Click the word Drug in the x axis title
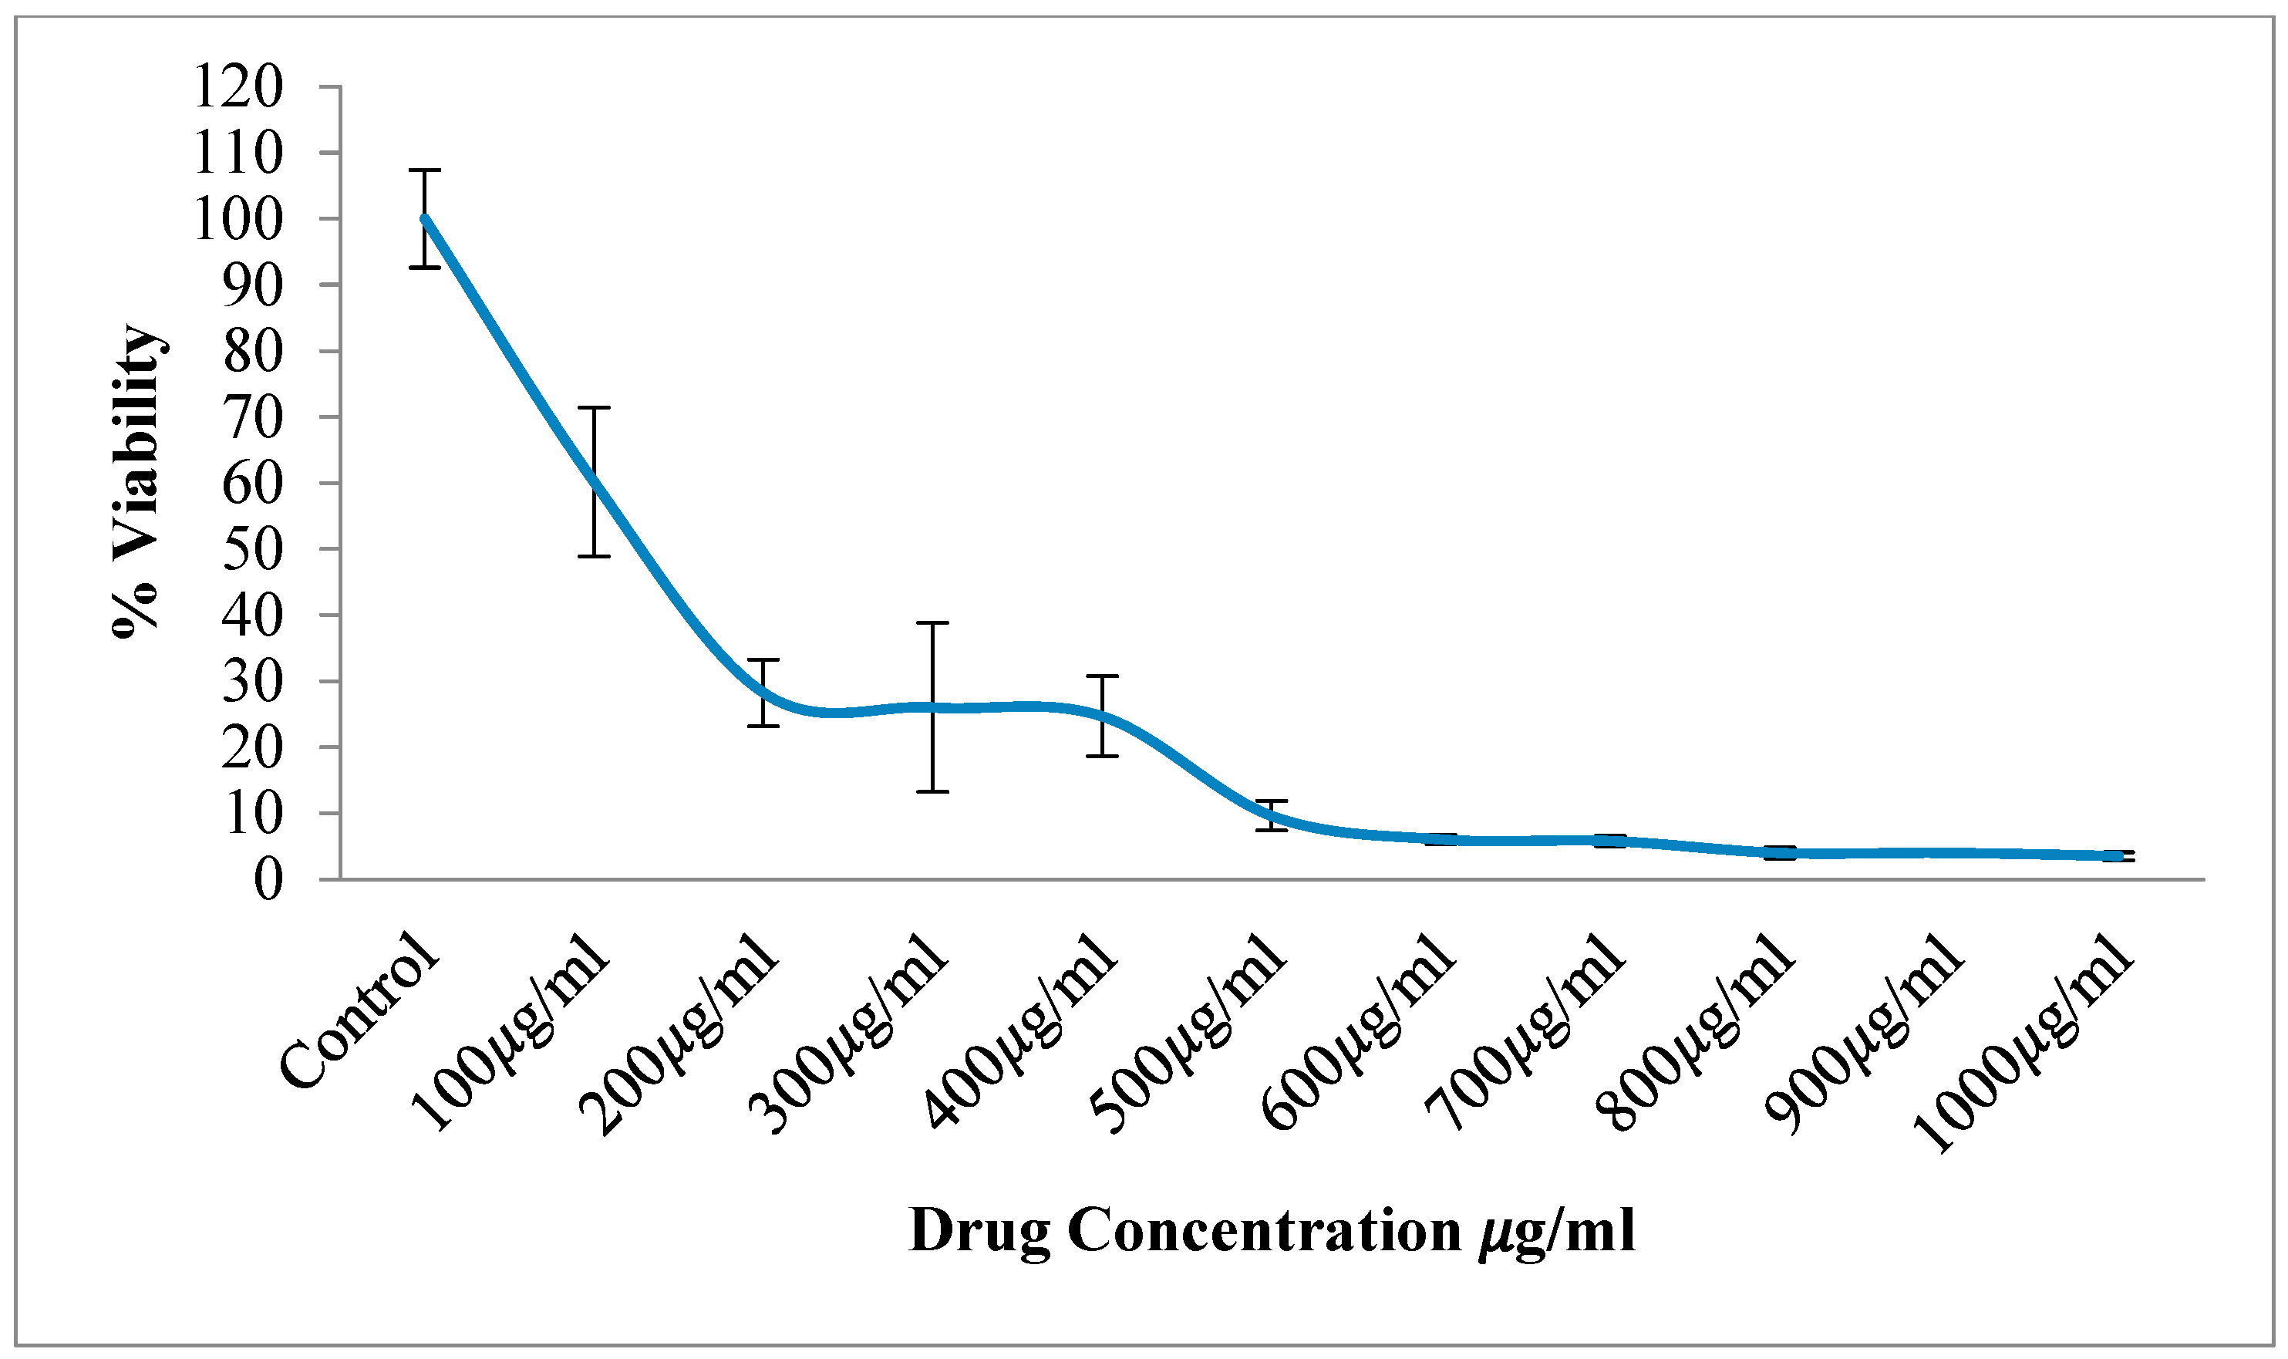[979, 1231]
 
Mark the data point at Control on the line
[425, 218]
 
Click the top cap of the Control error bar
[425, 170]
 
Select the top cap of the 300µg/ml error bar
[933, 622]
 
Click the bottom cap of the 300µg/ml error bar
[933, 791]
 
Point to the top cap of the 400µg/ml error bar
[1102, 676]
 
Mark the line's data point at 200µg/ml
[763, 693]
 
